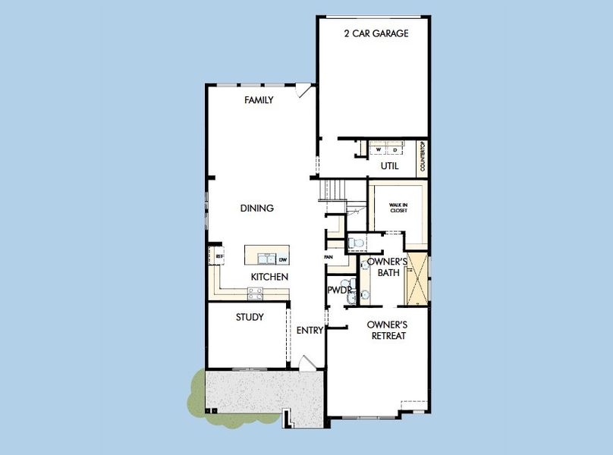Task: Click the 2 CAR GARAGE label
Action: click(376, 33)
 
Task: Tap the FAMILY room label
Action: click(259, 100)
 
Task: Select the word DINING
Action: click(256, 208)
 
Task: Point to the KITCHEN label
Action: click(269, 278)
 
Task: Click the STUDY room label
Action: click(249, 317)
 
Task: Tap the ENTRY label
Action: click(310, 331)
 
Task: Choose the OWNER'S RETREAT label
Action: click(386, 330)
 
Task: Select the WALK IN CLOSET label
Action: click(398, 208)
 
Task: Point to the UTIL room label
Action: click(389, 165)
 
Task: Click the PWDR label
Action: click(338, 290)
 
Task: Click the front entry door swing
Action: click(306, 363)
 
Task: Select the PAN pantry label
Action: click(329, 256)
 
